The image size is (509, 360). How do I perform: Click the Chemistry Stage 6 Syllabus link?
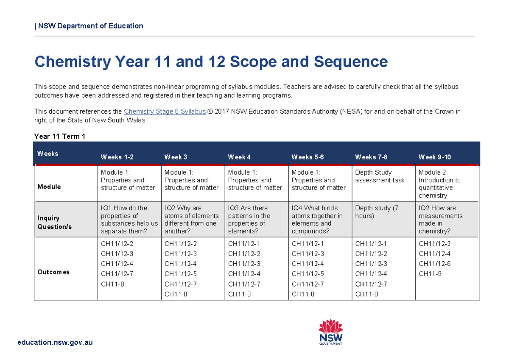165,112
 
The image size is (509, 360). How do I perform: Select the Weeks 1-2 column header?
117,157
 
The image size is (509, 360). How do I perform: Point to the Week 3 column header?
176,157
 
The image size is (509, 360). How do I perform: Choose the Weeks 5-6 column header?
308,157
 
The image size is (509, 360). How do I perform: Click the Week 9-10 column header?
434,157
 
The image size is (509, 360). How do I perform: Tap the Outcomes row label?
53,272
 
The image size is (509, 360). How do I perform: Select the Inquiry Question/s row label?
55,222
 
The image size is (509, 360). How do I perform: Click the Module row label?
49,187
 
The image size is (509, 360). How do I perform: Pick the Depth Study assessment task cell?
380,176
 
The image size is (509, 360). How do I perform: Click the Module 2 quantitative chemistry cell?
439,184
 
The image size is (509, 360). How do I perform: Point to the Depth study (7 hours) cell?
377,212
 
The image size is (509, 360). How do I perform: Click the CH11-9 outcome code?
430,274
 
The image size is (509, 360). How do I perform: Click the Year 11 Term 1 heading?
60,136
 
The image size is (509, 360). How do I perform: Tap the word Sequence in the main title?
350,62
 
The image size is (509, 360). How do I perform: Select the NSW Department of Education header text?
90,26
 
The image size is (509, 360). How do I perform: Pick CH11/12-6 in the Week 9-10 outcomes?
434,264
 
